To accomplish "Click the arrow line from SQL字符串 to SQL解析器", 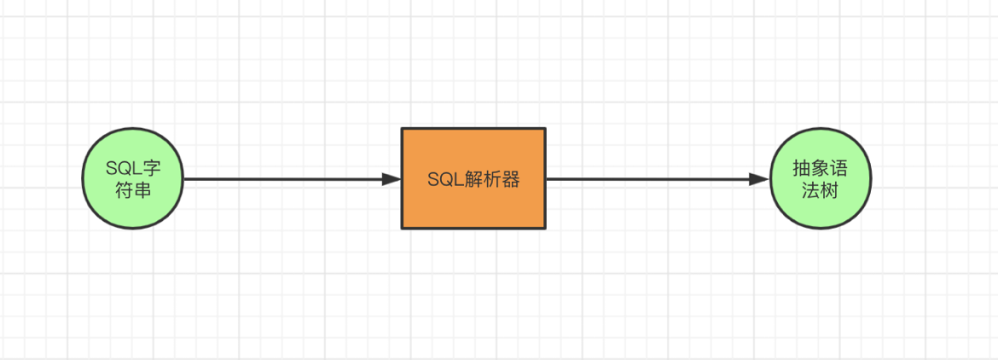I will point(281,179).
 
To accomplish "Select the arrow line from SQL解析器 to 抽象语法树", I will point(648,179).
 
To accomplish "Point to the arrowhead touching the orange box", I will point(392,179).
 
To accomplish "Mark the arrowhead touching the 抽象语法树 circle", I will point(759,179).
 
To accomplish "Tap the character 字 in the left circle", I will point(150,168).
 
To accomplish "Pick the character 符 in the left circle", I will point(123,189).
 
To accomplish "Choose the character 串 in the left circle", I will point(142,189).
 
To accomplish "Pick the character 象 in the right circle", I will point(821,168).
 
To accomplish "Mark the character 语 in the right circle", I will point(840,168).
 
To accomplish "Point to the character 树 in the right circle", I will point(831,189).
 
